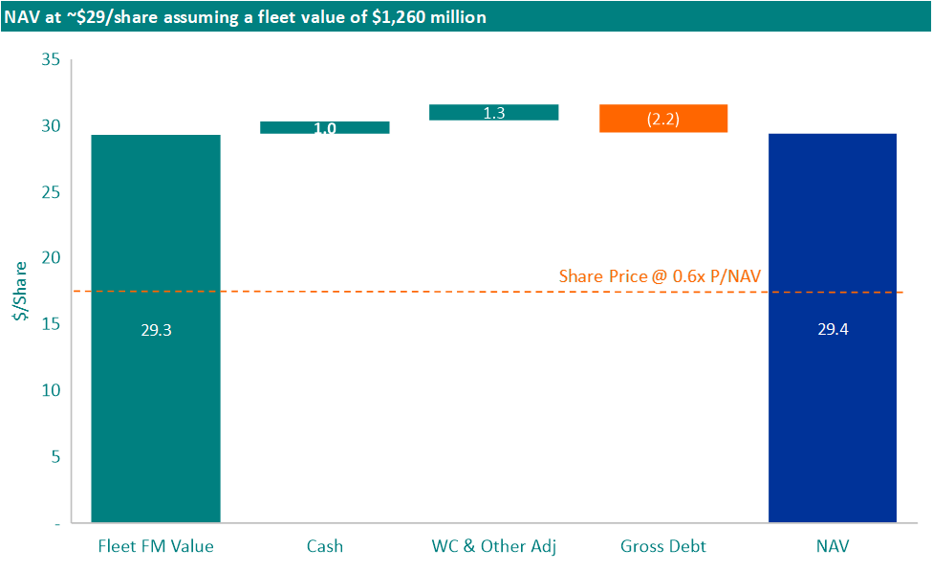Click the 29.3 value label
156,330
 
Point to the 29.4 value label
833,330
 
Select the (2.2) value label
663,120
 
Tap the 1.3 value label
494,113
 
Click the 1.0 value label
325,129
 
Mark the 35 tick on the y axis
51,60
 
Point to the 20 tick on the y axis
51,258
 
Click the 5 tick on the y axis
54,456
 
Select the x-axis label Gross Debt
663,547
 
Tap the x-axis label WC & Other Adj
494,547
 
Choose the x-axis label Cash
325,547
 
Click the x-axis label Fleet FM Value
156,547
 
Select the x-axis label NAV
833,547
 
